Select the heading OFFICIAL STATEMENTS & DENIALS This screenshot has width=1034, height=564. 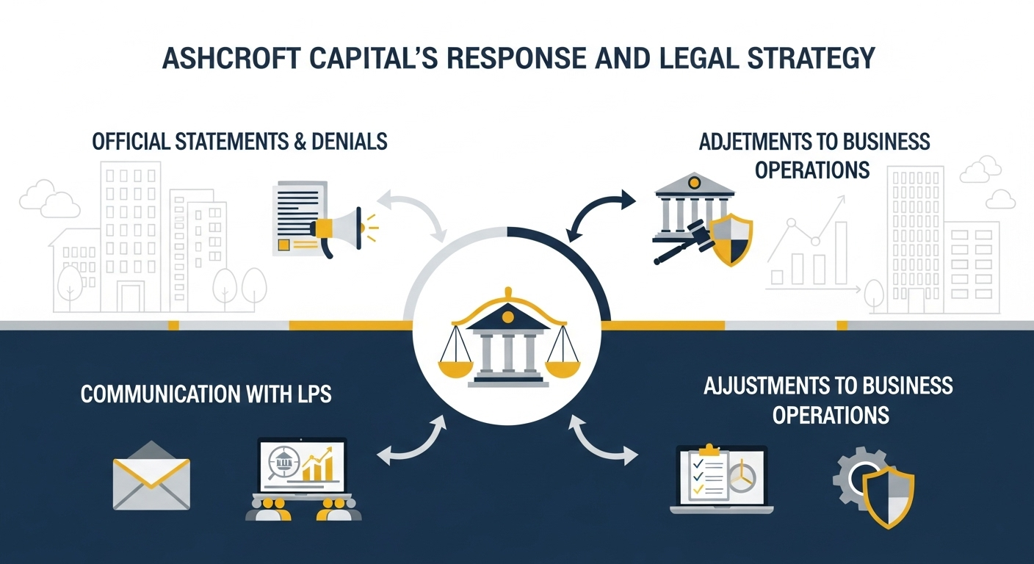pyautogui.click(x=239, y=141)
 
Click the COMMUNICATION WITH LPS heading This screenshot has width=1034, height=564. pyautogui.click(x=206, y=394)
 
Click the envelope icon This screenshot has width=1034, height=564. pyautogui.click(x=151, y=475)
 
